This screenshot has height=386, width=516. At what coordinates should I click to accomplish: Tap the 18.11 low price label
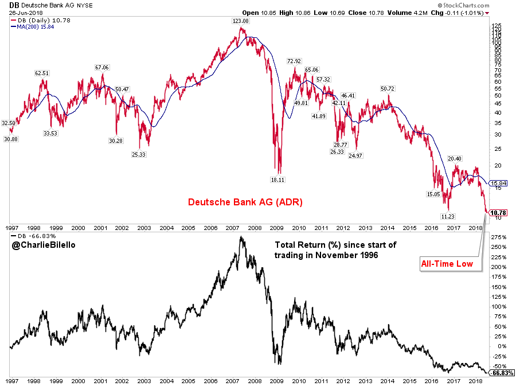(277, 180)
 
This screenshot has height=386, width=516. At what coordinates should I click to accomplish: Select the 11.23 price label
(455, 216)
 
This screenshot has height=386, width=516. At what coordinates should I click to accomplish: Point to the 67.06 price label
(101, 67)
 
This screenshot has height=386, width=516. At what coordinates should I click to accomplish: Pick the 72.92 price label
(294, 61)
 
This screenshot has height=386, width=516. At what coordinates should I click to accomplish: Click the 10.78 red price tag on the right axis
(501, 212)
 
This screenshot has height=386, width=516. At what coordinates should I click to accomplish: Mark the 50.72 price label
(388, 89)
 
